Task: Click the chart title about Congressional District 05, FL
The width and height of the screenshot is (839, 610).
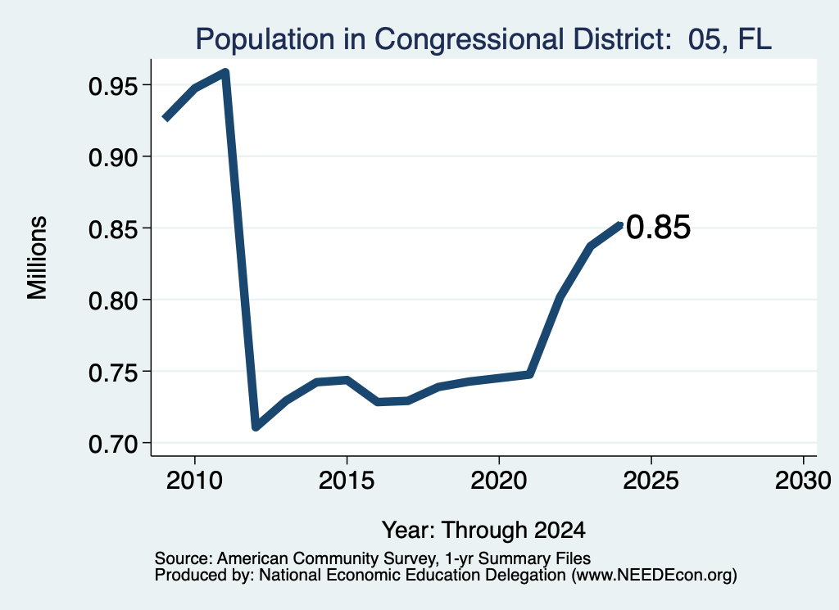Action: coord(483,39)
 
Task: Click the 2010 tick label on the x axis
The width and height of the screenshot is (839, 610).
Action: coord(194,481)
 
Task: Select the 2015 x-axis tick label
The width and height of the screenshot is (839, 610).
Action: coord(347,481)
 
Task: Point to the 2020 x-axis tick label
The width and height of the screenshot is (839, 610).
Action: coord(499,481)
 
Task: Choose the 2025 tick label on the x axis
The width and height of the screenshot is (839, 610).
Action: coord(651,481)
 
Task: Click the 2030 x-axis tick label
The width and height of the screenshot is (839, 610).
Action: coord(803,481)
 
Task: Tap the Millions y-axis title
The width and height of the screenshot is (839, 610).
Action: coord(38,258)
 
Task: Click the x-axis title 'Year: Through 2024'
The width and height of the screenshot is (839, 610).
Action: coord(483,531)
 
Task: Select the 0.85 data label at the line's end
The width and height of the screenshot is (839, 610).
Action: coord(658,227)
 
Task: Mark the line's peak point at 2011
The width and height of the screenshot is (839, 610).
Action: coord(225,72)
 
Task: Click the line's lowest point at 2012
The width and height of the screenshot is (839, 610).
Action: coord(256,427)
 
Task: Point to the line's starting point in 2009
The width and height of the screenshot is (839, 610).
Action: coord(166,119)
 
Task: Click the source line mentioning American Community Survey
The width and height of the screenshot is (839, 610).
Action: coord(373,558)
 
